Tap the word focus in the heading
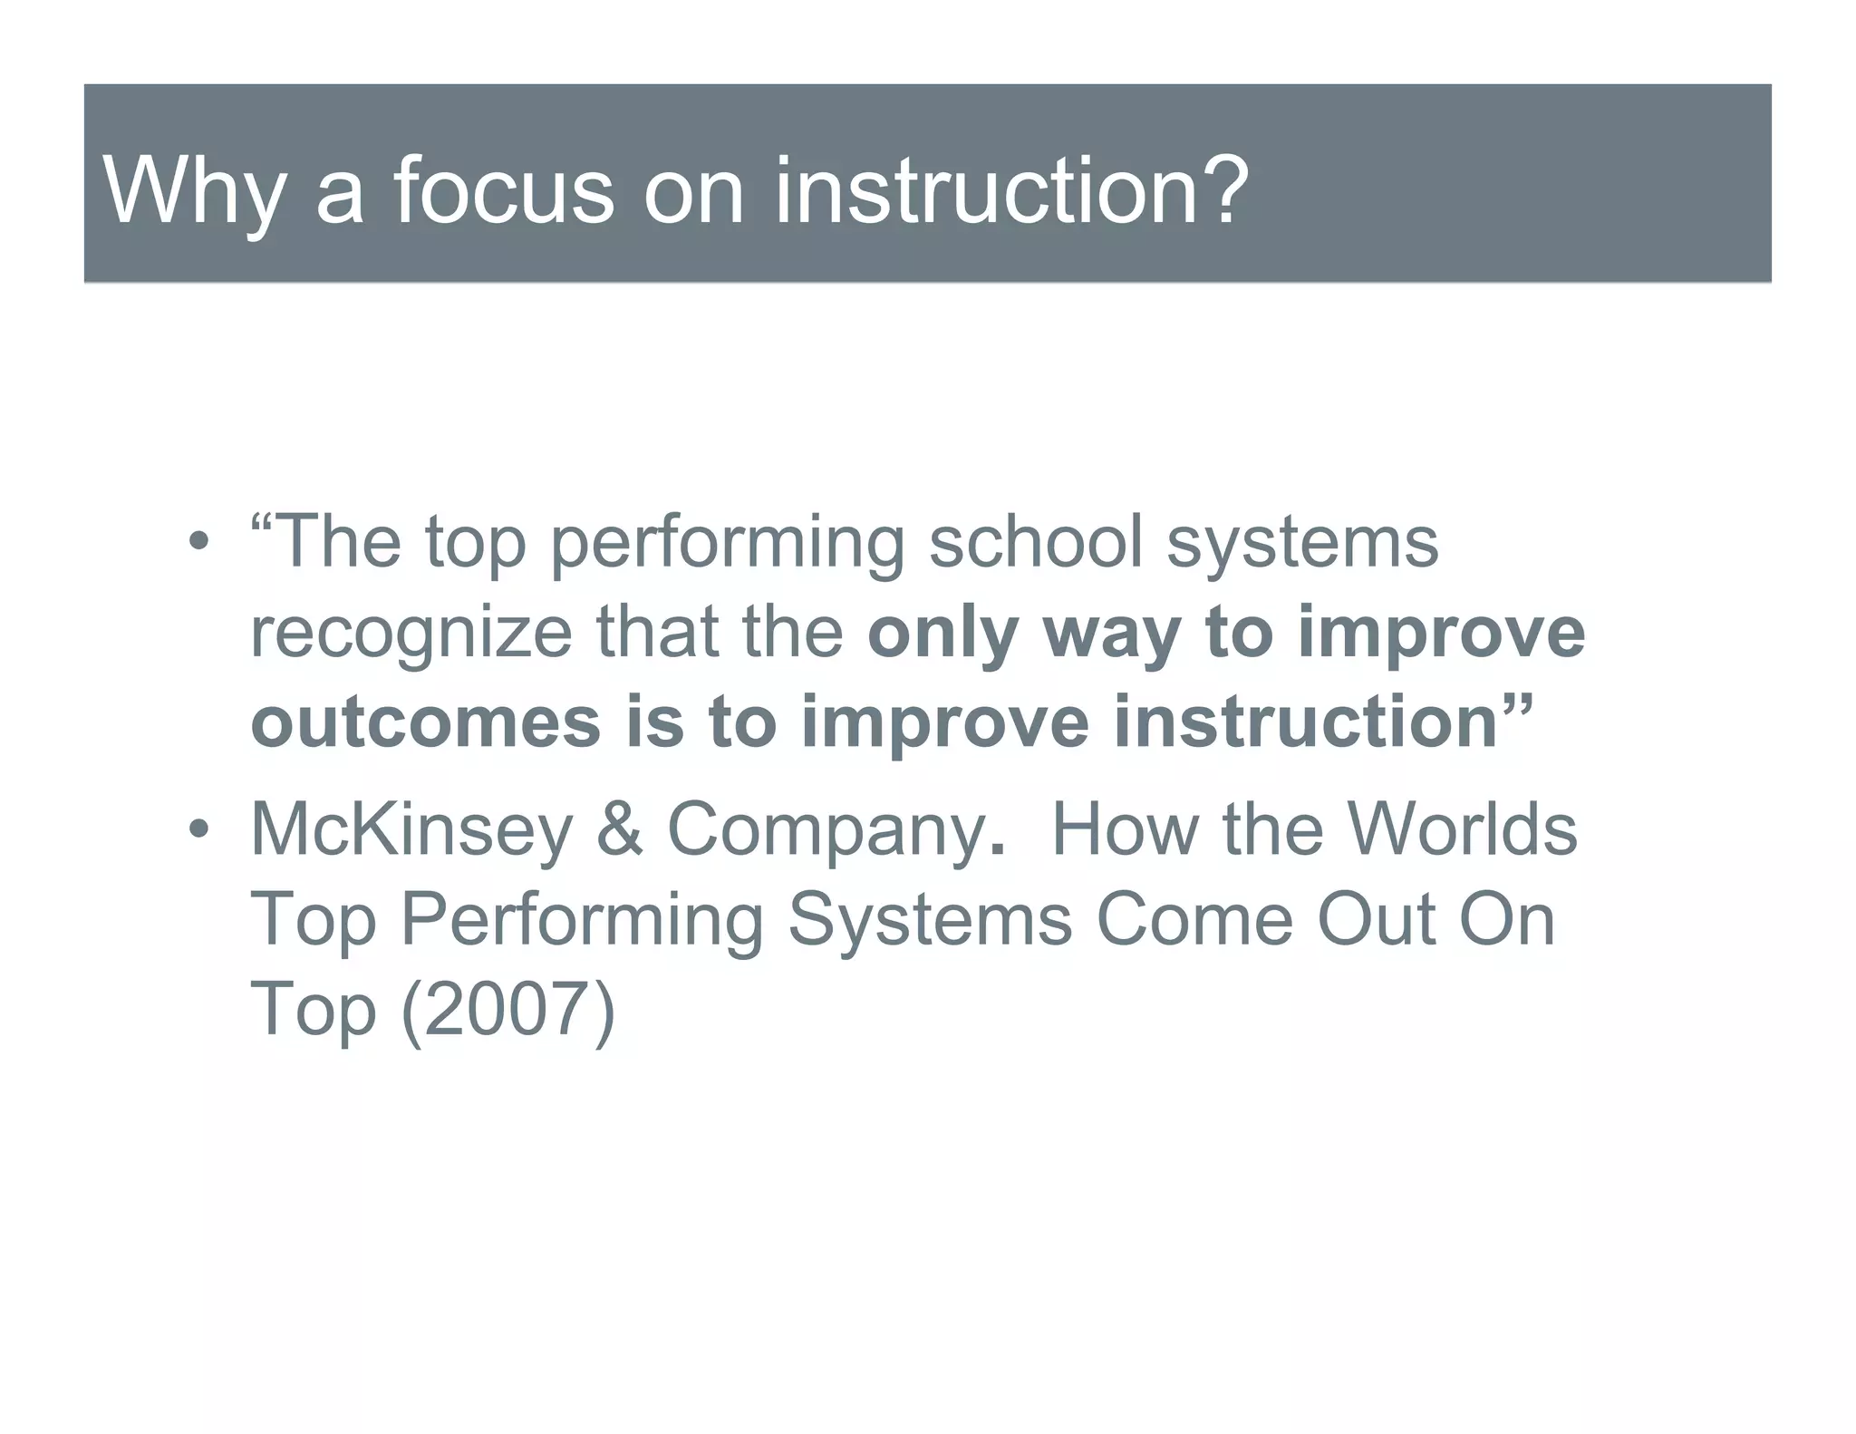504,191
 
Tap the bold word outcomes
425,722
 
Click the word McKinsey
411,829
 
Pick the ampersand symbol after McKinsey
620,829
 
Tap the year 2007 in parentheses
507,1009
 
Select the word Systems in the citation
930,920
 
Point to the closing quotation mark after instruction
1515,702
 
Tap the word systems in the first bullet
1301,545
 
